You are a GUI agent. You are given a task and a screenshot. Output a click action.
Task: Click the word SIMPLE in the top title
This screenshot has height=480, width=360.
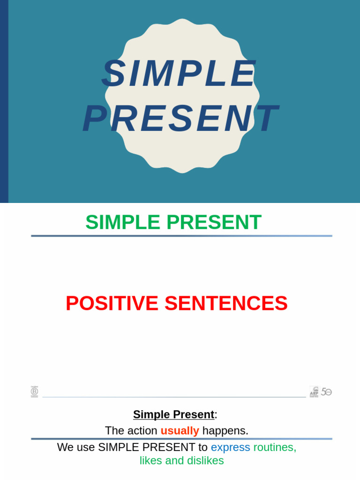point(179,74)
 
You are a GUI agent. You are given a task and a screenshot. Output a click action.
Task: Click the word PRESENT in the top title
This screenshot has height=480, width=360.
point(180,119)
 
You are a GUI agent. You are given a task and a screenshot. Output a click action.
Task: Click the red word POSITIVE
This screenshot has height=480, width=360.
point(112,303)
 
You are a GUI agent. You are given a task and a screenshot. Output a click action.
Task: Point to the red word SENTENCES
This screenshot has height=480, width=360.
point(226,303)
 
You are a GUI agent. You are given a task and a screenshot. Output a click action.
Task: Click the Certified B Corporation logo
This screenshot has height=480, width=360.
point(34,391)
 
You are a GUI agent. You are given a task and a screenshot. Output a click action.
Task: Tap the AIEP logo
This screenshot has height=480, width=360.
point(314,391)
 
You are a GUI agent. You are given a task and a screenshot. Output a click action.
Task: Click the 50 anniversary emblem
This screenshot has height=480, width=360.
point(326,391)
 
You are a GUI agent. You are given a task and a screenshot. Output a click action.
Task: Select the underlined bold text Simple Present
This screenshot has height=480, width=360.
point(173,414)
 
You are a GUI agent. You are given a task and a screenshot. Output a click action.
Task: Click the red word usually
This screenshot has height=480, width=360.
point(180,430)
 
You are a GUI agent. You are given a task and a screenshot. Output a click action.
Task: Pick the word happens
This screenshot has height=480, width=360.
point(225,430)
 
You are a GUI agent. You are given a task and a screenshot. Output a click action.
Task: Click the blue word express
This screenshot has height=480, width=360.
point(230,447)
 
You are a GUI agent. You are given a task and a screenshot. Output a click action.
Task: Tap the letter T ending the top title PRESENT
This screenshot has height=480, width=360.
point(267,119)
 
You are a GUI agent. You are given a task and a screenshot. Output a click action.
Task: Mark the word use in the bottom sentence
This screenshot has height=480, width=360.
point(86,447)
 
